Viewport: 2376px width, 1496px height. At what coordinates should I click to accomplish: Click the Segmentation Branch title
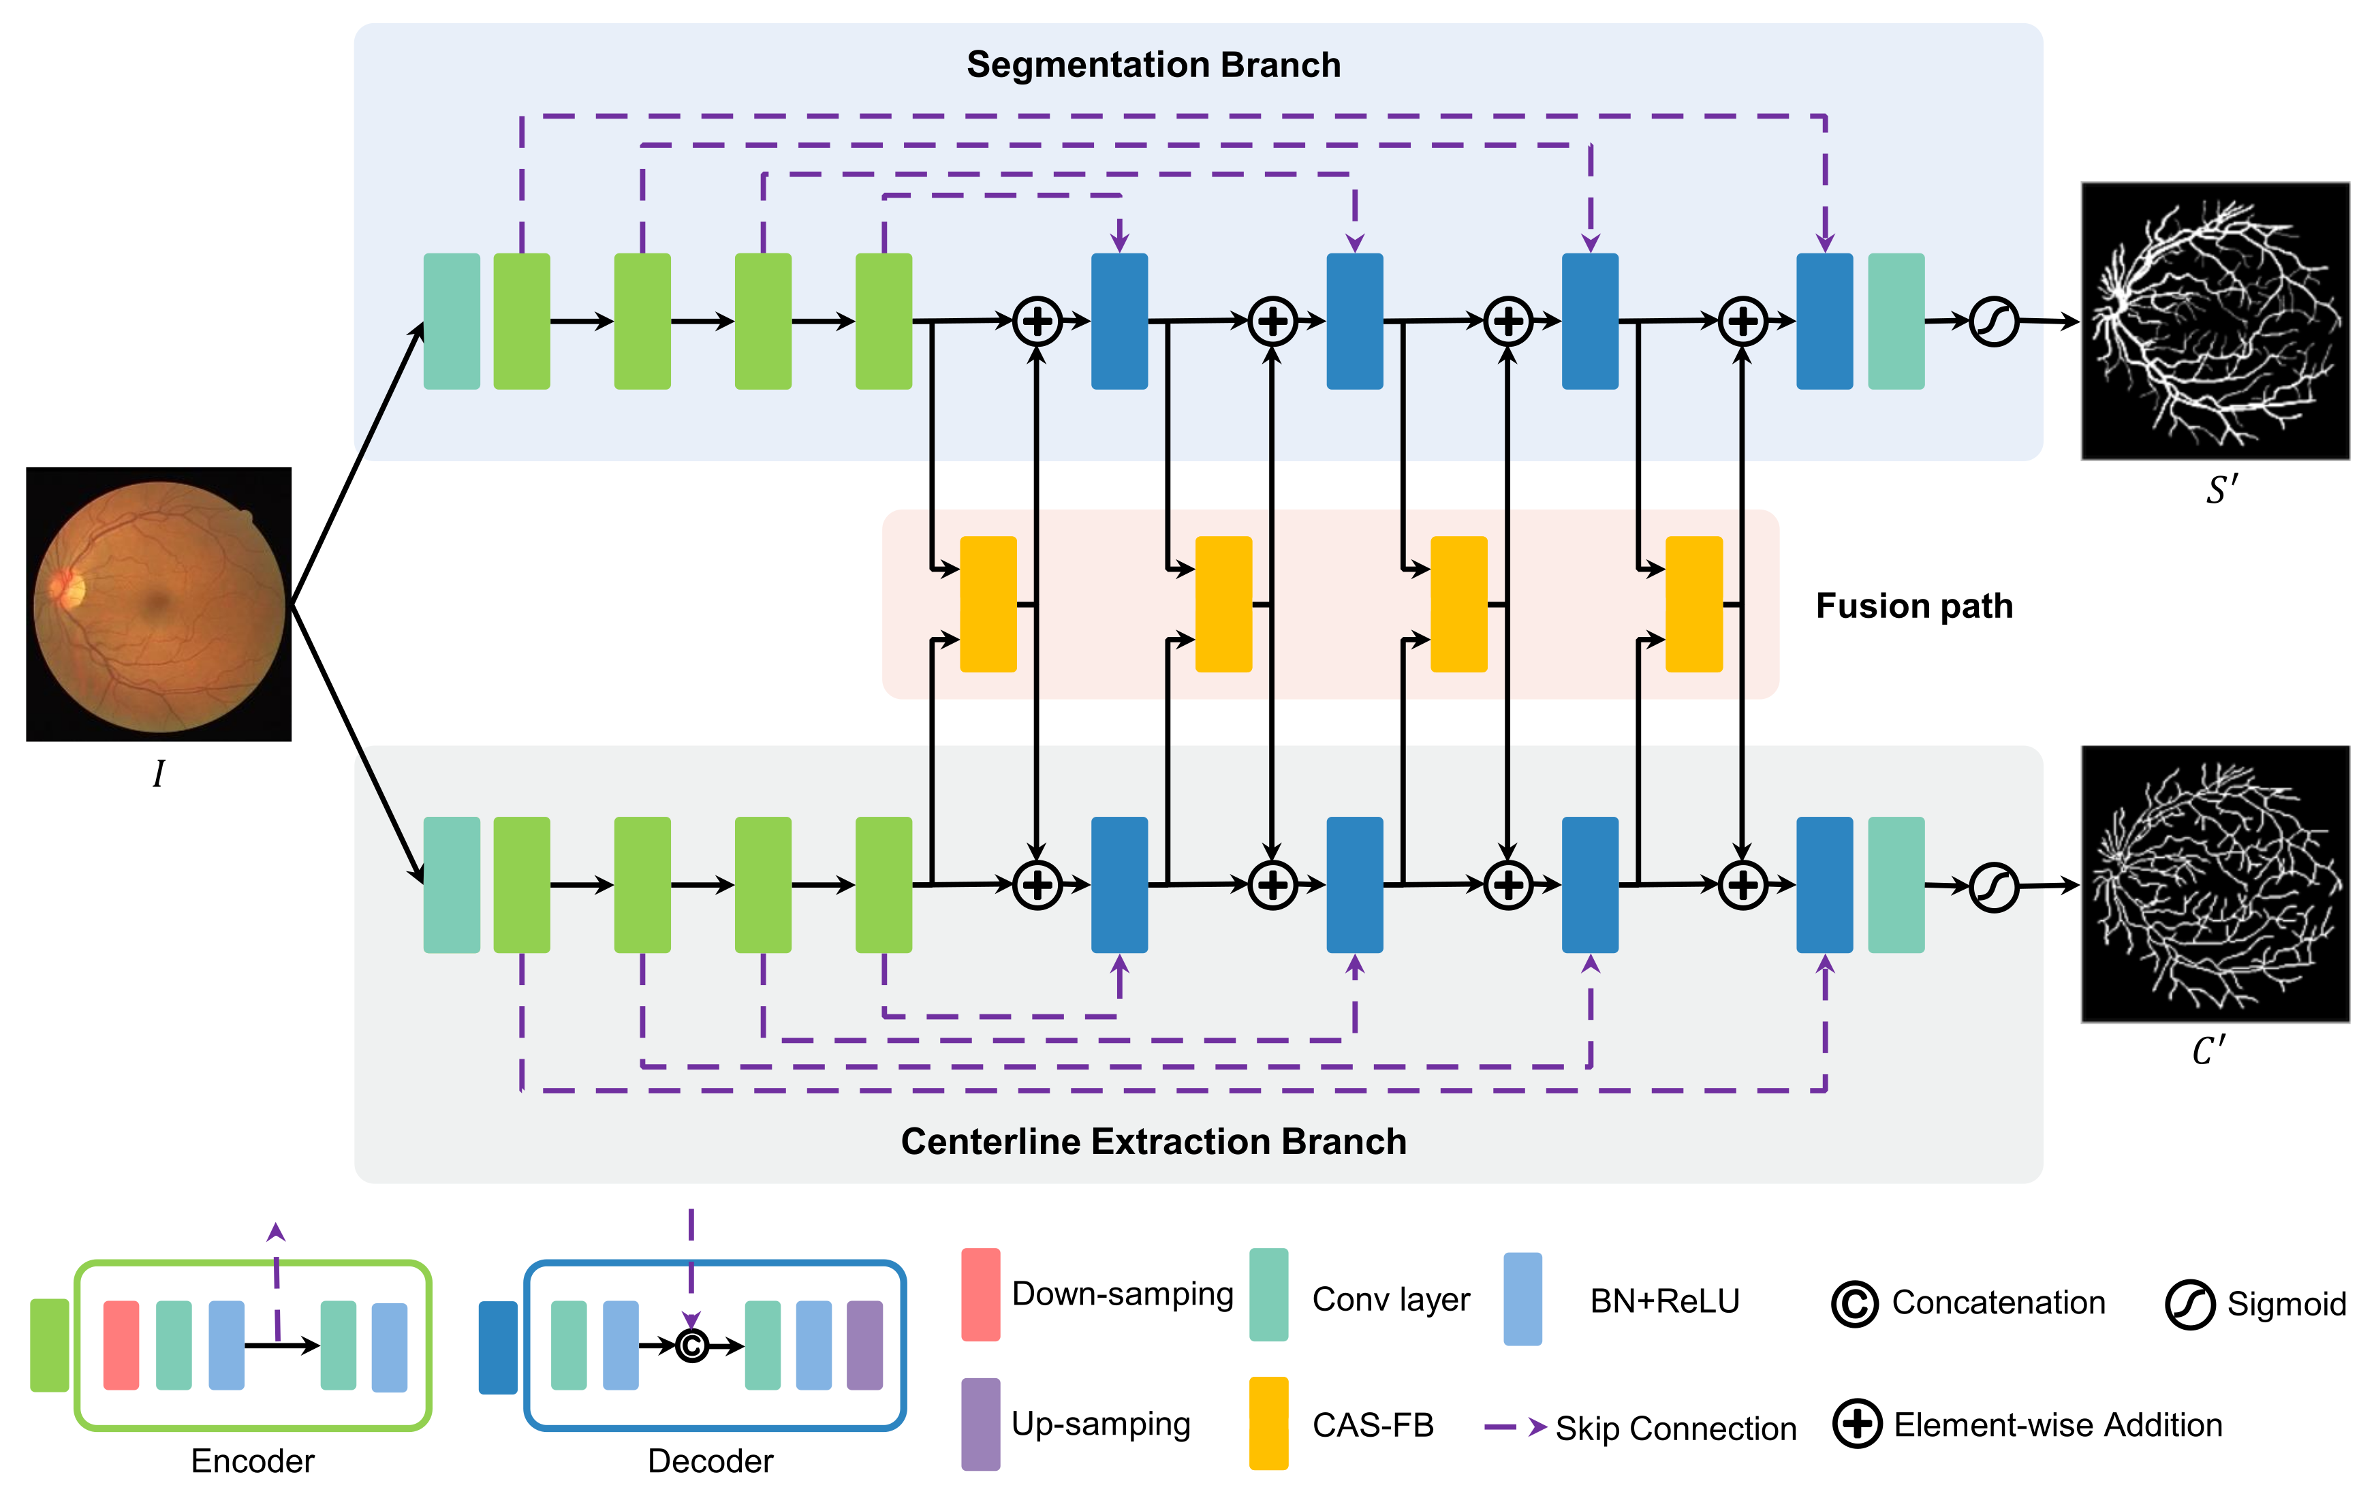point(1153,65)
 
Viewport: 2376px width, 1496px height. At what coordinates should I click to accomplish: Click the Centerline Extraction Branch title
point(1153,1141)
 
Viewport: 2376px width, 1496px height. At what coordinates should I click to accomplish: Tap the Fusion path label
point(1913,605)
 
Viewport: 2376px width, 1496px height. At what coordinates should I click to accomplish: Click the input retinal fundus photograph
point(159,604)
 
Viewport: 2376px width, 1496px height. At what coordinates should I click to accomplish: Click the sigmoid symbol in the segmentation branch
point(1993,322)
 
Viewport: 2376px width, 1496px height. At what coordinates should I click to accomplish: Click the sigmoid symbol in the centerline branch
point(1993,887)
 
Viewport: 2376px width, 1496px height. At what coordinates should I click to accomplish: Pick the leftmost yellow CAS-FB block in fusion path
point(988,604)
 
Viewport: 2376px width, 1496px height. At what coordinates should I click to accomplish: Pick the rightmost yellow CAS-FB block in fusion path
point(1693,604)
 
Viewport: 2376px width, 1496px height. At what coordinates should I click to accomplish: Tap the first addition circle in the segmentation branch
point(1037,322)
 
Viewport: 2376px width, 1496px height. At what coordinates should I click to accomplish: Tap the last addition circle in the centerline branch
point(1742,885)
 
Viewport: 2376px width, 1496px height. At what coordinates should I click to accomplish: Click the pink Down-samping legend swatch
point(980,1294)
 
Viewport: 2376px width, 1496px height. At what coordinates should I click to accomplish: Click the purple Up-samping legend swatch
point(980,1423)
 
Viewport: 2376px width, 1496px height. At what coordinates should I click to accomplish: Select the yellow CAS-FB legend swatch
point(1268,1423)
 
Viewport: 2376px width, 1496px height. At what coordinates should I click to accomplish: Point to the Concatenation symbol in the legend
point(1854,1304)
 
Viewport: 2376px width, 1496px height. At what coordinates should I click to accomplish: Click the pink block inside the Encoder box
point(121,1345)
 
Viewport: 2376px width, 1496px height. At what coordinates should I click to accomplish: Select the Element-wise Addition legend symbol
point(1857,1424)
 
